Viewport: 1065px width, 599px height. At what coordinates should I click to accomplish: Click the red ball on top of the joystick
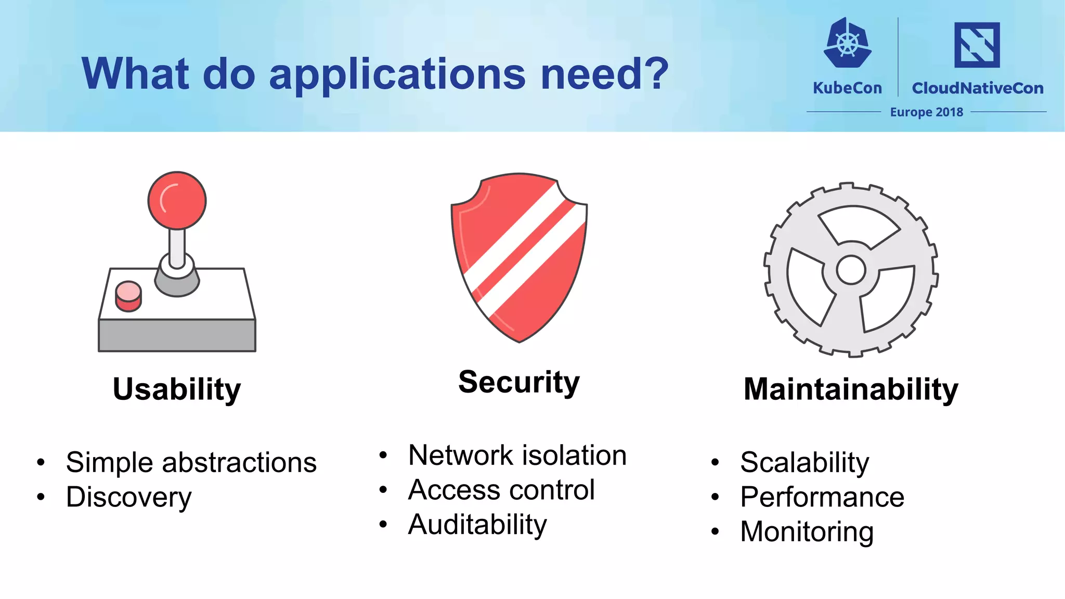point(177,200)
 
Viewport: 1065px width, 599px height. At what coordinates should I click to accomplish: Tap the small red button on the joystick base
point(128,295)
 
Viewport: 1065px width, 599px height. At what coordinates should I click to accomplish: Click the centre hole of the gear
point(851,270)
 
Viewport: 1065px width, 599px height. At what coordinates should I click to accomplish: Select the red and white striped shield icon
point(519,257)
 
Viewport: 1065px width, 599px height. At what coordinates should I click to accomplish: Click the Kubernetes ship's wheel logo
point(847,44)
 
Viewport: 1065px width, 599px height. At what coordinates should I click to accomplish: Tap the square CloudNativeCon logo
point(977,45)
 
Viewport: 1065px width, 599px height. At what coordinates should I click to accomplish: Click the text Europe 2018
point(926,112)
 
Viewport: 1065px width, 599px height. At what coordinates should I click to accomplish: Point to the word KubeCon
point(847,88)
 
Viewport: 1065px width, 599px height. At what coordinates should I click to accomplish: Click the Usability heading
point(177,389)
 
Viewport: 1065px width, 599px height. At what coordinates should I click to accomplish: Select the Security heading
point(518,382)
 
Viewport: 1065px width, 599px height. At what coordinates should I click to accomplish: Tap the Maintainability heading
point(851,389)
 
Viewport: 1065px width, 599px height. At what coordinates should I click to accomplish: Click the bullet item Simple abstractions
point(191,462)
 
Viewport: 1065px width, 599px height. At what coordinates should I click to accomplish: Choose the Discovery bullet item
point(128,497)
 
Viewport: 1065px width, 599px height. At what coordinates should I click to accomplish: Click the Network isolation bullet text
point(517,455)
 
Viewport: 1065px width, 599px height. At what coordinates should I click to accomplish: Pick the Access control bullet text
point(501,490)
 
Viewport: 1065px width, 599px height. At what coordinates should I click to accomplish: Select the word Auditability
point(477,524)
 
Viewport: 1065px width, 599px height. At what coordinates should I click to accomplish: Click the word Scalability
point(804,462)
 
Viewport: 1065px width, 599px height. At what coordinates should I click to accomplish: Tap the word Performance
point(822,497)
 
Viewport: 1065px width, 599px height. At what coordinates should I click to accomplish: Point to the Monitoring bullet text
point(806,532)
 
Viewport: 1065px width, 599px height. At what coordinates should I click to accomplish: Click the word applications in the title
point(398,74)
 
